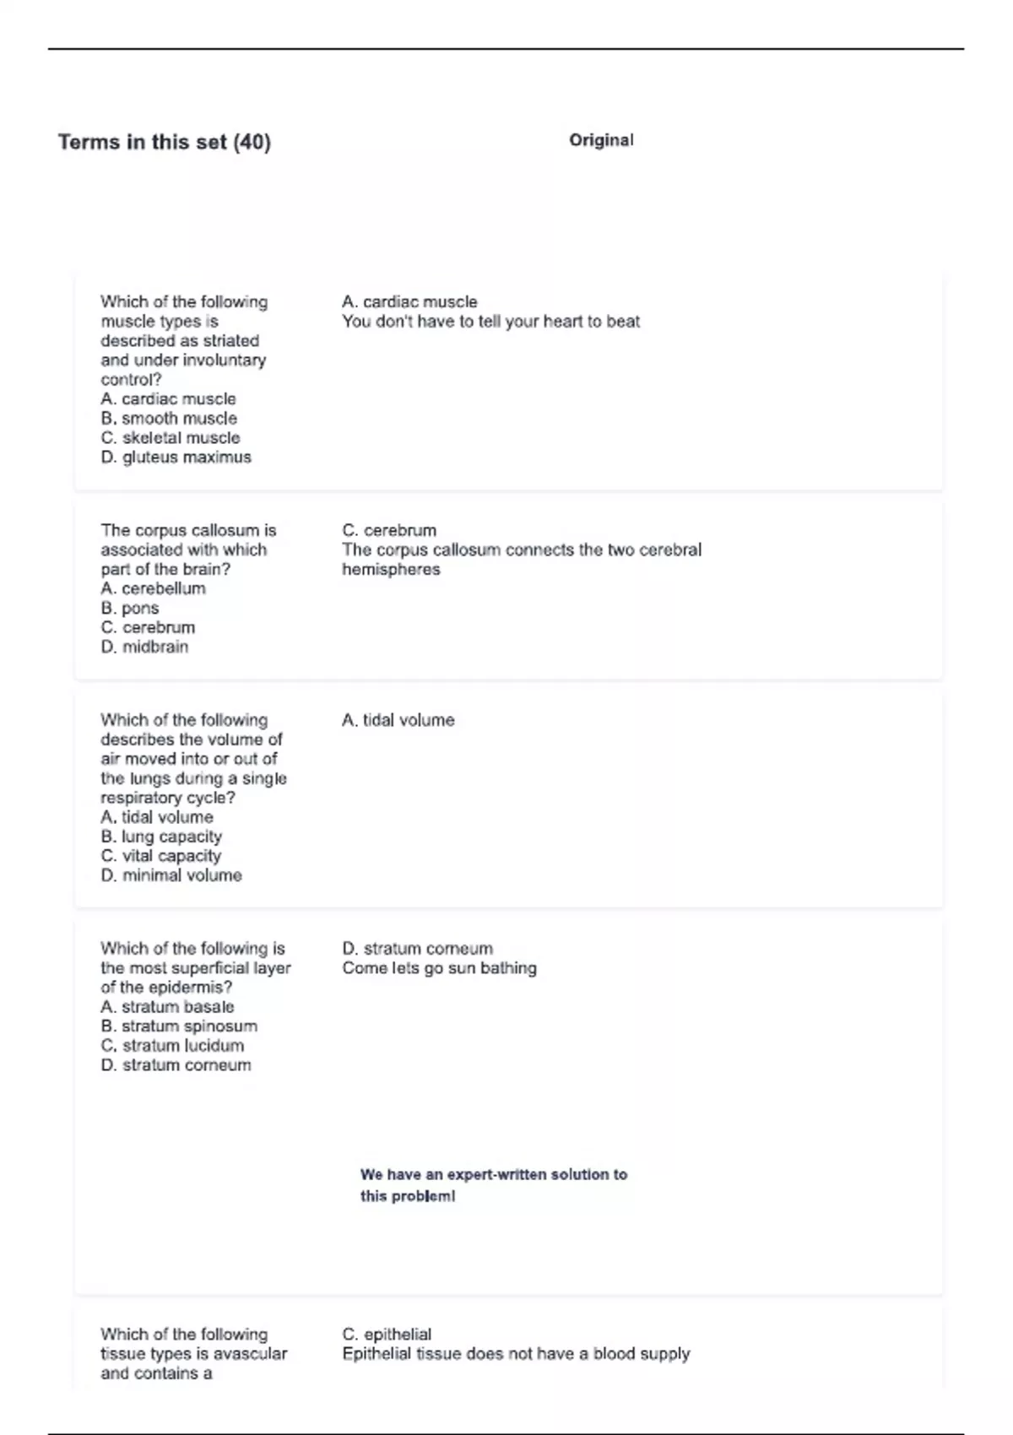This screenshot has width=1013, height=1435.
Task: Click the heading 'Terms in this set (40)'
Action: [165, 142]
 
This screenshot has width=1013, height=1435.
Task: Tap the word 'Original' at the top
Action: [601, 140]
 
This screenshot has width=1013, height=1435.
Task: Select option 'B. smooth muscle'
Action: [169, 419]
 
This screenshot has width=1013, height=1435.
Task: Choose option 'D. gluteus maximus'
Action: [176, 458]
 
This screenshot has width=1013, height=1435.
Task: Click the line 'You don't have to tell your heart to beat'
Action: [490, 322]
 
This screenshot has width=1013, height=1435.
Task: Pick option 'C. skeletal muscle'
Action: [171, 438]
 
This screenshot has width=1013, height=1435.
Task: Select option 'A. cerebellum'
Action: [153, 588]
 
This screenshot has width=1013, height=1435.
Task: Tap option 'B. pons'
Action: [130, 608]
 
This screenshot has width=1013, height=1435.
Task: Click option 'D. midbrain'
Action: [144, 647]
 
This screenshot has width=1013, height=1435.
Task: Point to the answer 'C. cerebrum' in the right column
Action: [389, 530]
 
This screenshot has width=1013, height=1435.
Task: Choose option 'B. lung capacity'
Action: [161, 837]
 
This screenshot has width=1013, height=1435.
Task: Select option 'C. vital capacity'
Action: [160, 856]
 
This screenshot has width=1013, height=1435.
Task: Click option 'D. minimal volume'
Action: [171, 875]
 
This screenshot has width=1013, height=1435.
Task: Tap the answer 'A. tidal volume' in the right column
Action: [398, 720]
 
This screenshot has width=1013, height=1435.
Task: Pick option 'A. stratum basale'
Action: [167, 1007]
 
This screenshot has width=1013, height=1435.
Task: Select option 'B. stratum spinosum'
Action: [179, 1026]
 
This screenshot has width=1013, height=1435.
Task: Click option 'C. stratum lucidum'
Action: [172, 1046]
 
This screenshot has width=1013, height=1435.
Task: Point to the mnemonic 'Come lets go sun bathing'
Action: [439, 968]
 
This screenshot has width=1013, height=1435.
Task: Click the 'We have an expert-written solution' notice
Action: [493, 1184]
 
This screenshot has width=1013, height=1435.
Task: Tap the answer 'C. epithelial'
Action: [387, 1335]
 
